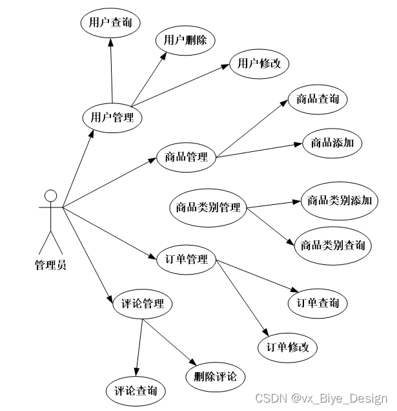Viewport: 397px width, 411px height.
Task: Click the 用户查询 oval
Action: [110, 23]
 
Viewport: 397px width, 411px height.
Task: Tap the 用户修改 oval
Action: [259, 63]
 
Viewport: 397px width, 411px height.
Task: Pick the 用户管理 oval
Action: [112, 118]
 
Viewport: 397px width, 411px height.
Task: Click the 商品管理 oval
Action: [186, 157]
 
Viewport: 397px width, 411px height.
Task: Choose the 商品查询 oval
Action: [318, 100]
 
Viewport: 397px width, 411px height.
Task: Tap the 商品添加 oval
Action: [332, 143]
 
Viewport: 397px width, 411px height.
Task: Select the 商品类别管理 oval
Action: [208, 208]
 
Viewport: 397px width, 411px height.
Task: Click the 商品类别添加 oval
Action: [339, 200]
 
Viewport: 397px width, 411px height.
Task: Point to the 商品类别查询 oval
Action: [333, 246]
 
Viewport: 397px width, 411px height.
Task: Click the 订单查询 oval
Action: [318, 303]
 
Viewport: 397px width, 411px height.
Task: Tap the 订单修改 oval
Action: [288, 347]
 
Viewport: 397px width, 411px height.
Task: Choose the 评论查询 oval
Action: [136, 391]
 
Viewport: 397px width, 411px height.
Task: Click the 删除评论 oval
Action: [215, 376]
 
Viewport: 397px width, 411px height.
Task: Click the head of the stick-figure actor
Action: [50, 195]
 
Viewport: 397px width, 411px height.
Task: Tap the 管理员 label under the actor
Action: [50, 264]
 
